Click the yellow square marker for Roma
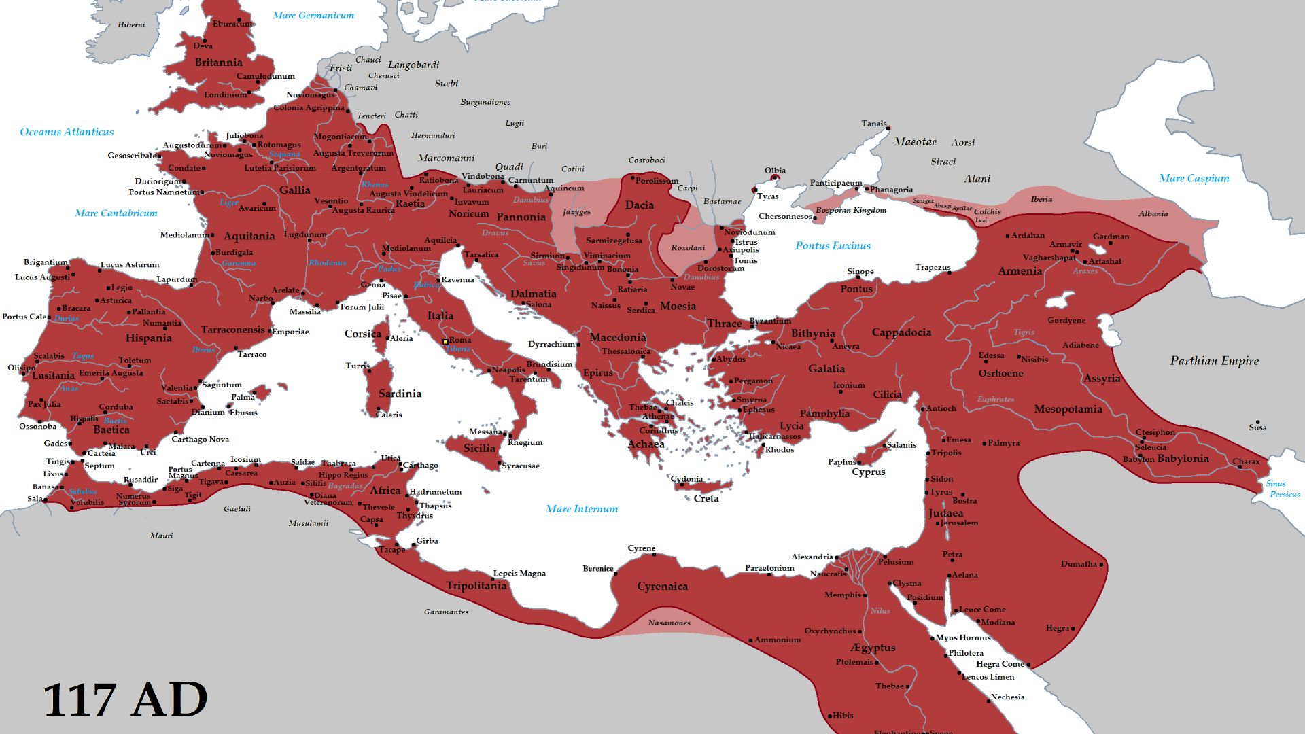pos(445,342)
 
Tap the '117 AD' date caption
pos(125,700)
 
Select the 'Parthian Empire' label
pos(1214,361)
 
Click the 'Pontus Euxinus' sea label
pos(833,246)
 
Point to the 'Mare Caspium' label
pos(1194,179)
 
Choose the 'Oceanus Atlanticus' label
pos(67,132)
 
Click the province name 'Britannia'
pos(218,63)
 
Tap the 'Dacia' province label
pos(639,205)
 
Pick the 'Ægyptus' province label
pos(872,648)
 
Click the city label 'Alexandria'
pos(812,557)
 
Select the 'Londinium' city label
pos(226,94)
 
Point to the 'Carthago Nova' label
pos(200,439)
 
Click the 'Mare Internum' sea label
pos(582,509)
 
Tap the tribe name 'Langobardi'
pos(413,65)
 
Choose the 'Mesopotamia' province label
pos(1068,409)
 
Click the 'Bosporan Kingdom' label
pos(851,210)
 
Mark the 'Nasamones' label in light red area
pos(669,623)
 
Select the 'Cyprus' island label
pos(868,472)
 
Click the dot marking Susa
pos(1257,422)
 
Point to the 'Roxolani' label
pos(688,247)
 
